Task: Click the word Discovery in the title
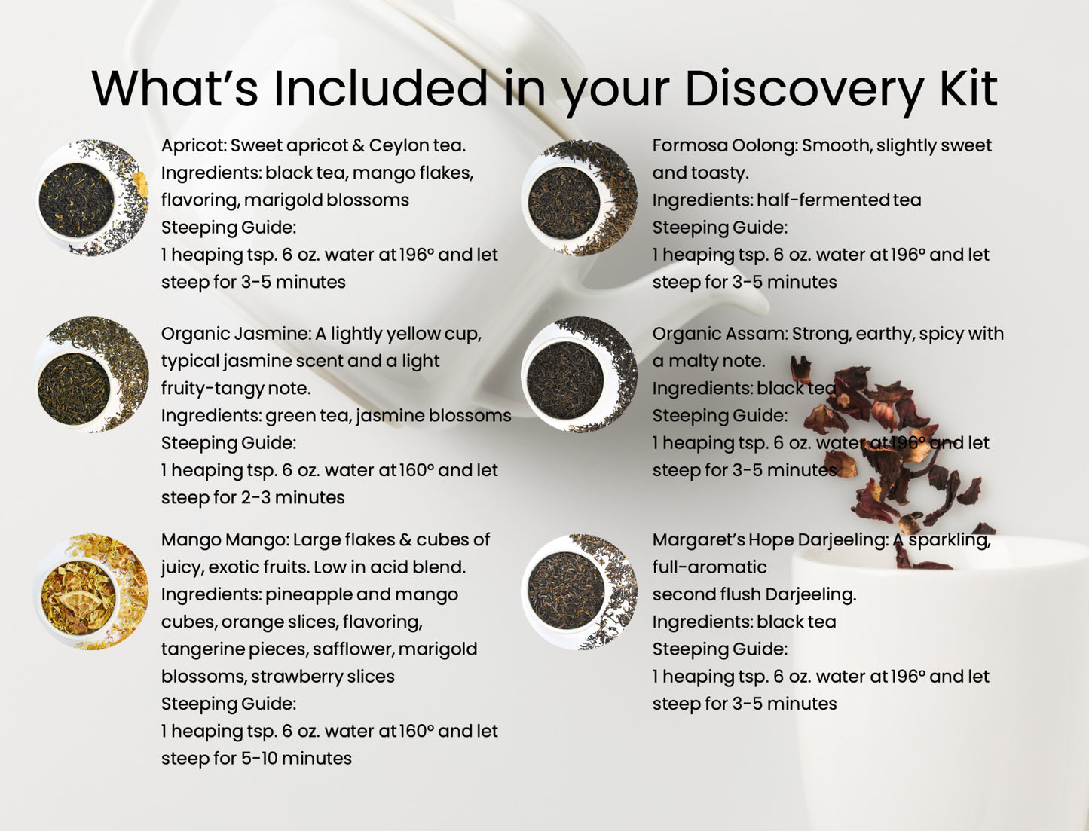click(x=803, y=90)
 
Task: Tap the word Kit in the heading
click(x=968, y=88)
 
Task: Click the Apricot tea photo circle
click(x=91, y=198)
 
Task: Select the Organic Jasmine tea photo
click(x=91, y=374)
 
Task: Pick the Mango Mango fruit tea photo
click(x=91, y=592)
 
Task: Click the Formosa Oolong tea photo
click(x=579, y=198)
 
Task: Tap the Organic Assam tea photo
click(x=579, y=374)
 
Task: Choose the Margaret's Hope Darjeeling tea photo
click(x=579, y=592)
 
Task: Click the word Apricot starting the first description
click(x=193, y=145)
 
